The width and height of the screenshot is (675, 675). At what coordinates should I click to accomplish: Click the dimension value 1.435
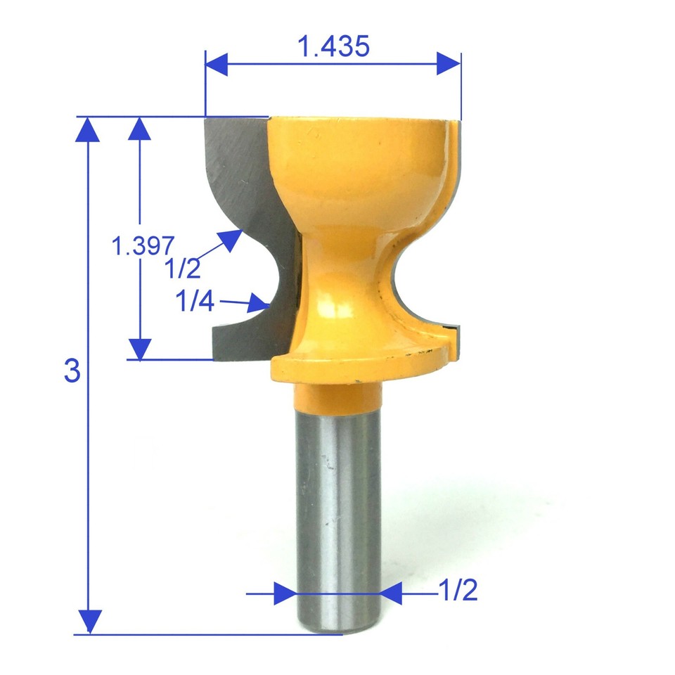(x=333, y=47)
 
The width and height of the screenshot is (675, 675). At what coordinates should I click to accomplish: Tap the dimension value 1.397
(x=143, y=245)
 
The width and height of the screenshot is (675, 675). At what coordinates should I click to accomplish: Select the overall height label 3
(x=72, y=371)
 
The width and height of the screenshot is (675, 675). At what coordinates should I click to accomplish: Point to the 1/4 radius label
(x=195, y=302)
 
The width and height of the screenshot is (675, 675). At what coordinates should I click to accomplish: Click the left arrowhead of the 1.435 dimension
(x=217, y=64)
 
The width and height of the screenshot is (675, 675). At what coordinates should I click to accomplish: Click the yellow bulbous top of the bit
(x=359, y=169)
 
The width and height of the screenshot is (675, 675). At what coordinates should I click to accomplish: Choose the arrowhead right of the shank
(x=390, y=593)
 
